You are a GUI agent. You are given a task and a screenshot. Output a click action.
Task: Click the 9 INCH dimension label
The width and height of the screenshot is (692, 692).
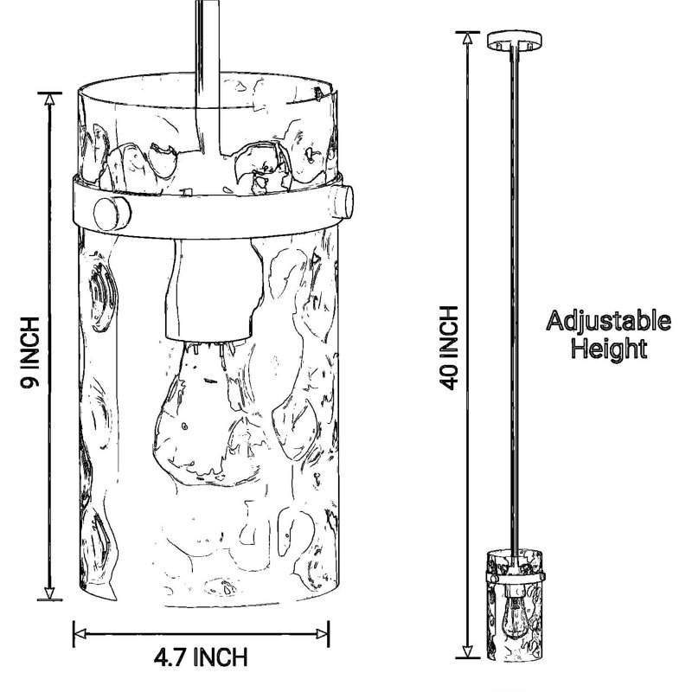pos(30,352)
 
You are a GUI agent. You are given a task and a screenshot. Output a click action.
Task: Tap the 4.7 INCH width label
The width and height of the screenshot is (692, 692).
pos(201,657)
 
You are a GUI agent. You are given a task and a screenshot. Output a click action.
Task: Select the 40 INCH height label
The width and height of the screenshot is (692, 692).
pos(450,348)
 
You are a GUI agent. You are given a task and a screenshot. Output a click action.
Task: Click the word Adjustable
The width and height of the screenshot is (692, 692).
pos(609,322)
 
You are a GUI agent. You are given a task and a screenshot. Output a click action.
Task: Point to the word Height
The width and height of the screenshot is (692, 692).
pos(609,348)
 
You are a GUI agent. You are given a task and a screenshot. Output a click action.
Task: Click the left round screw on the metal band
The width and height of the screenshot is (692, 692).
pos(112,214)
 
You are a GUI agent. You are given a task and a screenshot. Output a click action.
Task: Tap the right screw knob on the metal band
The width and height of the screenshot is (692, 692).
pos(343,202)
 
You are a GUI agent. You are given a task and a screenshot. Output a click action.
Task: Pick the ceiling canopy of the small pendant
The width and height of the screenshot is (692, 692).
pos(515,40)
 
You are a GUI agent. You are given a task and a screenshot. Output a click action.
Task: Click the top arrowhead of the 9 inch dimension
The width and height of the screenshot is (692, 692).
pos(49,100)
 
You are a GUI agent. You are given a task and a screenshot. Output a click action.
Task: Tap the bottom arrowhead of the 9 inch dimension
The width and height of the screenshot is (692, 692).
pos(49,593)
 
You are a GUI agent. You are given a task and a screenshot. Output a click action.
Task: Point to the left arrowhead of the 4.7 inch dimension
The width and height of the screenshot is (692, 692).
pos(80,634)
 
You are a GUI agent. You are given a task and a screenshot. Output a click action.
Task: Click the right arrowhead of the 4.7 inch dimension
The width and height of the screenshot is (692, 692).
pos(322,634)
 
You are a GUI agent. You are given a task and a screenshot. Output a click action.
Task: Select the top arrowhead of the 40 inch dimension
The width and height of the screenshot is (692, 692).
pos(467,39)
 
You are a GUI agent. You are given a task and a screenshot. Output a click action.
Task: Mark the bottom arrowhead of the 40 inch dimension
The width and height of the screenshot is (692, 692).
pos(467,650)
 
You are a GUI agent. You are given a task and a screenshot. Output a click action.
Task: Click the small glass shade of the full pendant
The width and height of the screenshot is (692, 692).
pos(515,605)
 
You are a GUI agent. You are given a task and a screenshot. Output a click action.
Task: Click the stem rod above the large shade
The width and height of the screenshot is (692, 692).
pos(208,77)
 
